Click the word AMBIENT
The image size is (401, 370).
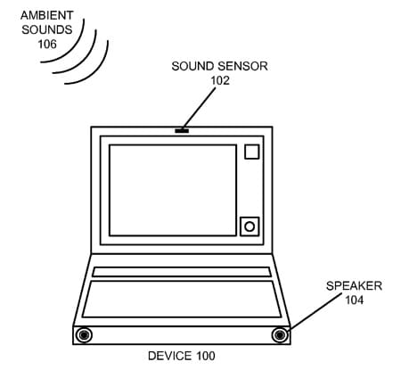47,15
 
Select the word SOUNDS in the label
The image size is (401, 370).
47,29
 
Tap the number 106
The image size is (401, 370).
47,45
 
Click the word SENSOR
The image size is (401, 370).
242,66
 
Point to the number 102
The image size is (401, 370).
220,80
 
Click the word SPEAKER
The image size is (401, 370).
354,286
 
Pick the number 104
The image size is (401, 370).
354,300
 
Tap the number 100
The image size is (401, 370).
206,356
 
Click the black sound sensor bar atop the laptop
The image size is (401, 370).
182,131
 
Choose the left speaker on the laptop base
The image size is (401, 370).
84,335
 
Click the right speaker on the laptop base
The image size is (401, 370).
280,335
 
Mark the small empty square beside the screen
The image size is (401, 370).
252,152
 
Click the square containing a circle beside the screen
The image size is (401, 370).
250,226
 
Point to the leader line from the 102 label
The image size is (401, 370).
200,108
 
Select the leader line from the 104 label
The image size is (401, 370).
315,312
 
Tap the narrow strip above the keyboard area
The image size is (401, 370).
182,272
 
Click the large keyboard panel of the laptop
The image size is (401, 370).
182,299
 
